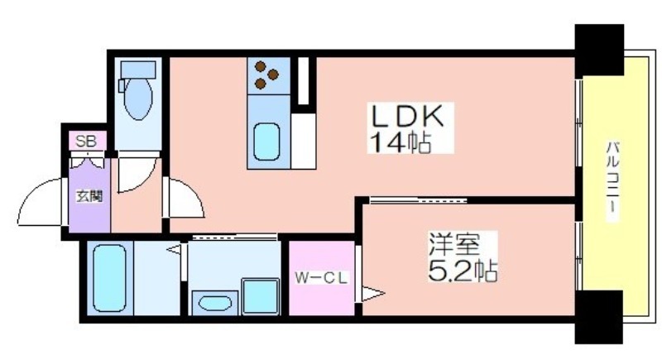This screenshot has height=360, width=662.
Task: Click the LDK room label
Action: click(407, 115)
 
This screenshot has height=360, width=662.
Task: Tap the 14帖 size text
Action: click(401, 142)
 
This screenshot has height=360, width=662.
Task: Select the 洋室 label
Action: click(454, 244)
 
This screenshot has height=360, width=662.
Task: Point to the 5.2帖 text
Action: click(463, 271)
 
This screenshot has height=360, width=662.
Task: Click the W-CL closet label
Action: click(321, 278)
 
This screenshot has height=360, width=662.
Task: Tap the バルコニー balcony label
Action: click(613, 181)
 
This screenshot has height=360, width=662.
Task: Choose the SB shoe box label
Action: click(86, 142)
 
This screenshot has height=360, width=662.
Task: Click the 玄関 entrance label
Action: click(89, 196)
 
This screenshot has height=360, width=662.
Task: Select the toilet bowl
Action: click(138, 98)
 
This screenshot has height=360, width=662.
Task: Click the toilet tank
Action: click(138, 70)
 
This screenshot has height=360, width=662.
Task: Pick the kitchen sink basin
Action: click(266, 142)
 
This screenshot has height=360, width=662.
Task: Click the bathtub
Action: click(110, 279)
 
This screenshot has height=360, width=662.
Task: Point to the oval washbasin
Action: click(215, 303)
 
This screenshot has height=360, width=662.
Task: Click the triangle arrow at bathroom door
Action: click(174, 250)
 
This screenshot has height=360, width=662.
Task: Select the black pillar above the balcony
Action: click(599, 50)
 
